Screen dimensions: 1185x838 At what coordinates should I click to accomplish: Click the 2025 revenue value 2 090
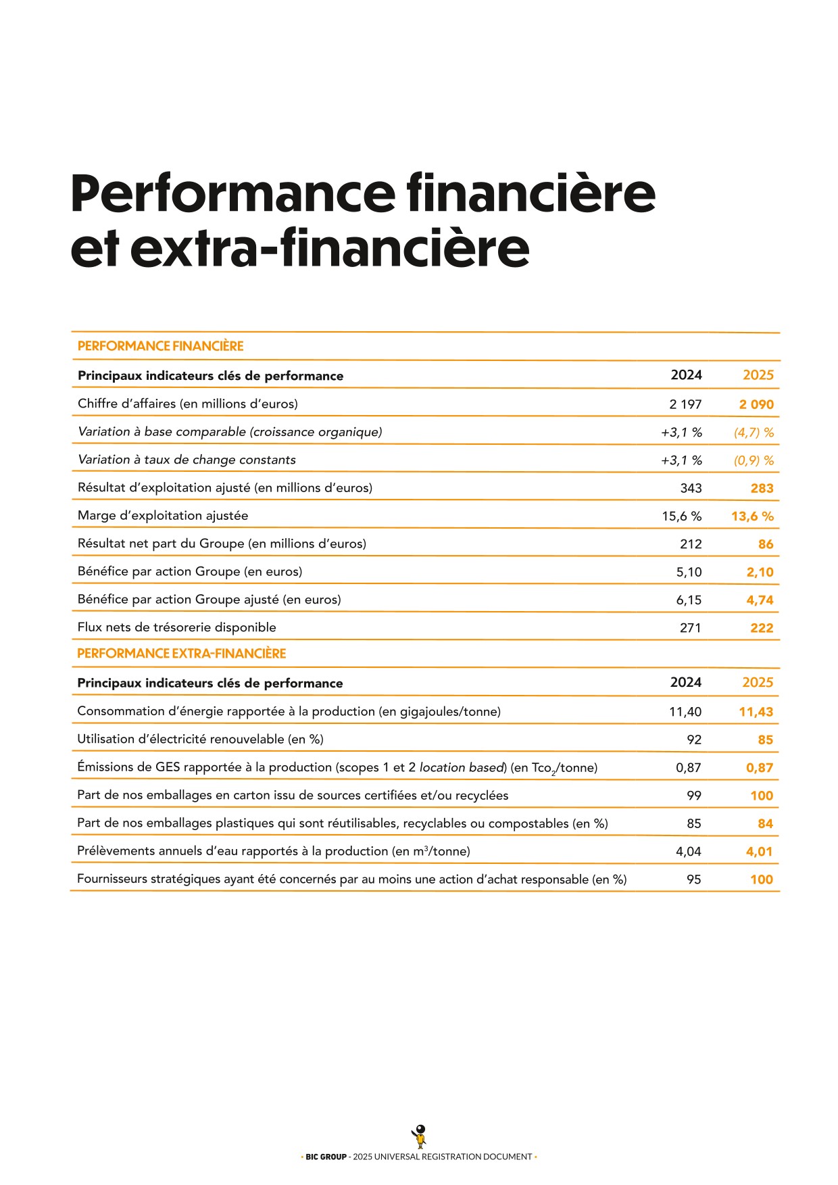click(x=756, y=404)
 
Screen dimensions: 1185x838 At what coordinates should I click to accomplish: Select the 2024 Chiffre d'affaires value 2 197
click(x=685, y=404)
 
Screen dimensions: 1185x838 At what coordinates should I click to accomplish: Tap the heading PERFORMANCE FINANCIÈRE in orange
click(x=160, y=346)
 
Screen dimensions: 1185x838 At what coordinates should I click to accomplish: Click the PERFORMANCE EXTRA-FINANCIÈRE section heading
click(x=181, y=654)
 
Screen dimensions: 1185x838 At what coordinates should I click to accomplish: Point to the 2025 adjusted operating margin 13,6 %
click(x=752, y=516)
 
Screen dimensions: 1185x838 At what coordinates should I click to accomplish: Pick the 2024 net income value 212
click(x=691, y=544)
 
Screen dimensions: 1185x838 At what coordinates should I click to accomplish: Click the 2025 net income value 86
click(x=765, y=544)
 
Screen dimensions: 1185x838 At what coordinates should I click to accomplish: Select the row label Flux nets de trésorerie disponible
click(x=176, y=627)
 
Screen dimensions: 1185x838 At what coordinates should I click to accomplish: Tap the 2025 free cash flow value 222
click(x=762, y=628)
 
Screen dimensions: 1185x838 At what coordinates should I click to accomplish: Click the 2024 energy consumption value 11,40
click(x=685, y=712)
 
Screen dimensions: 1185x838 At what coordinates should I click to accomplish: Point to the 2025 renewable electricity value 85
click(x=765, y=740)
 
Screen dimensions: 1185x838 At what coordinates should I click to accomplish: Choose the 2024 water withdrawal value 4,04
click(x=689, y=852)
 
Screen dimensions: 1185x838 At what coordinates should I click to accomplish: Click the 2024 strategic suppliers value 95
click(x=693, y=879)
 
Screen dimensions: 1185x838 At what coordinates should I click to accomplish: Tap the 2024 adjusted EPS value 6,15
click(x=689, y=600)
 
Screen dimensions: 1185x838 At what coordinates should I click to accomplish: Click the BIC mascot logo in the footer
click(x=420, y=1136)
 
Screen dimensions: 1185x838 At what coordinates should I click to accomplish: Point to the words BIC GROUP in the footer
click(x=326, y=1157)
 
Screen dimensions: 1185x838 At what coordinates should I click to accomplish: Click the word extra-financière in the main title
click(x=330, y=248)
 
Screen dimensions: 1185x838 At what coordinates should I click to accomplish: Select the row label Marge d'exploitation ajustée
click(x=163, y=516)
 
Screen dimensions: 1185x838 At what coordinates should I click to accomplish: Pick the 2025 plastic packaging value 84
click(x=765, y=824)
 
